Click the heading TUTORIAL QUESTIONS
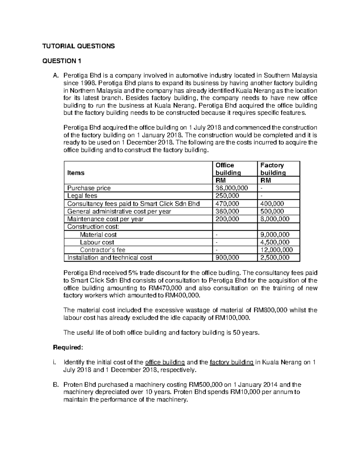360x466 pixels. pos(78,46)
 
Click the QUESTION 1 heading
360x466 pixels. pos(61,61)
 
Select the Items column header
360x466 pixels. pos(76,173)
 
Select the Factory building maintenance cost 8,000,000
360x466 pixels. pos(275,219)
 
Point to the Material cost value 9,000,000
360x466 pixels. pos(275,235)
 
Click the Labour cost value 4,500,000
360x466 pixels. pos(275,242)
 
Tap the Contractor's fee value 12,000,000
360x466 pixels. pos(277,250)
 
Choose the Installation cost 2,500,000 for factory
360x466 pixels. pos(275,257)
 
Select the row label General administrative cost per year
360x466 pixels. pos(119,211)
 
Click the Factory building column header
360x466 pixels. pos(273,169)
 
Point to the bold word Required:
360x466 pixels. pos(67,347)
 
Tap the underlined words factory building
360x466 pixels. pos(232,362)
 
